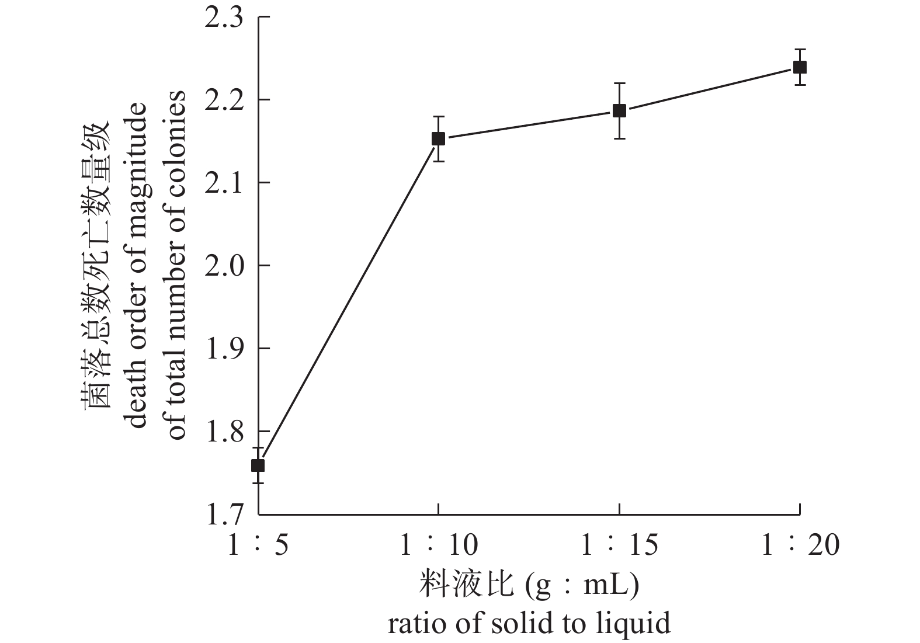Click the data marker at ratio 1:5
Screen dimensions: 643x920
pyautogui.click(x=258, y=465)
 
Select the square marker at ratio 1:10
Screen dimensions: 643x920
pyautogui.click(x=438, y=138)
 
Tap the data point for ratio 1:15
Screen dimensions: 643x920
pyautogui.click(x=619, y=110)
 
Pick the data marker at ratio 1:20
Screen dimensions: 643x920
pyautogui.click(x=800, y=67)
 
